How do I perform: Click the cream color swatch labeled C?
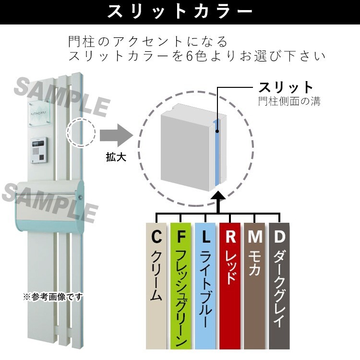(156, 286)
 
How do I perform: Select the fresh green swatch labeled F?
(180, 286)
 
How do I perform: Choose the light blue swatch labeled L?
(205, 286)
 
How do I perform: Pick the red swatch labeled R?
(230, 286)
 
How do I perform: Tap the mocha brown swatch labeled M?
(254, 286)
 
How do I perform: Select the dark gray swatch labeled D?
(279, 286)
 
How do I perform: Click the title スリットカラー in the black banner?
(180, 11)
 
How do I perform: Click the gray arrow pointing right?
(117, 135)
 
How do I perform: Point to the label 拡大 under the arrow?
(116, 157)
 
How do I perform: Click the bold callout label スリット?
(286, 87)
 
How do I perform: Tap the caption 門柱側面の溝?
(289, 101)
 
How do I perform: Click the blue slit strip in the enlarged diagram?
(217, 153)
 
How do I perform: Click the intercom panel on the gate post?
(39, 150)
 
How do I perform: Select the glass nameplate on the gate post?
(39, 113)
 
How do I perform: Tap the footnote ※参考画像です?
(53, 297)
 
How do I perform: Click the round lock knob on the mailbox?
(81, 197)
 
